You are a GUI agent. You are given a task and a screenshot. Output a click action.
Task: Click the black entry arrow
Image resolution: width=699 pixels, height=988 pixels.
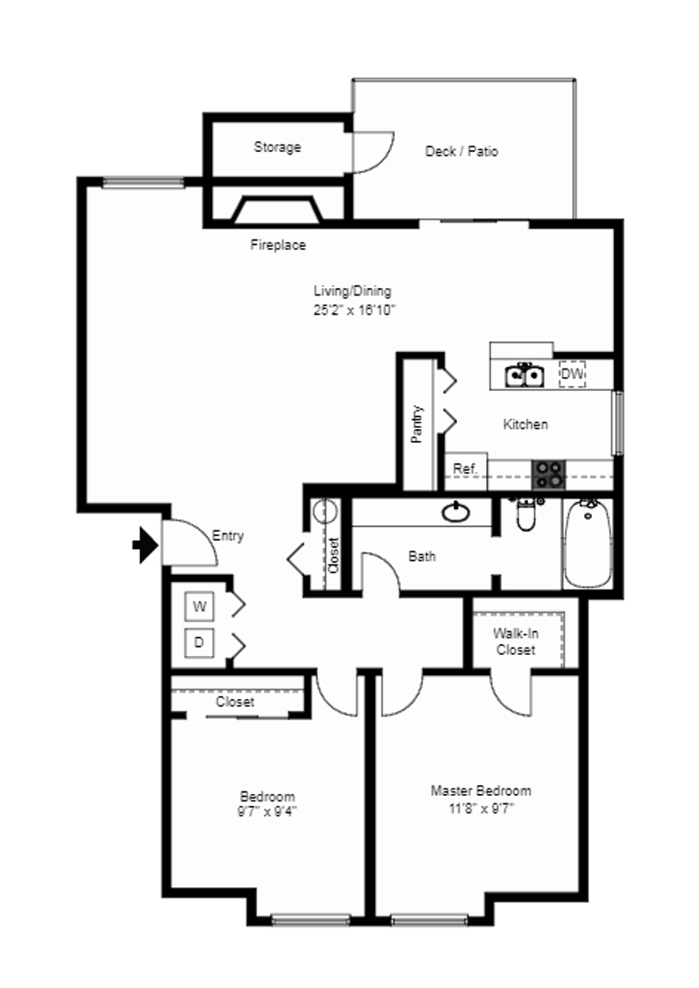pos(146,545)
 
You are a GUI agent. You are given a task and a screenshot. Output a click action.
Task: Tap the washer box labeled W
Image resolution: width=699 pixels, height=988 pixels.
pos(199,607)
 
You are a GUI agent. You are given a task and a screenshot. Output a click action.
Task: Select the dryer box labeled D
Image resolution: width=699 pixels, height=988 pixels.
pos(199,643)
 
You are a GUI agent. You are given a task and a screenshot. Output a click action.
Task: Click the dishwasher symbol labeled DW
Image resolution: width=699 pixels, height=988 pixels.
pos(573,373)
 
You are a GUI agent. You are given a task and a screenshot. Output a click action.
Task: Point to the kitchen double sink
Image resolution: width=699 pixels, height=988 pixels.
pos(524,375)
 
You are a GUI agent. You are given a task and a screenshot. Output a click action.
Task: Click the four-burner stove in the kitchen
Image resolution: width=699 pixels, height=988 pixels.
pos(548,475)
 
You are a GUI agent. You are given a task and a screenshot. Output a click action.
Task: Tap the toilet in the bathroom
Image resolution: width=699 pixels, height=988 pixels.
pos(526,513)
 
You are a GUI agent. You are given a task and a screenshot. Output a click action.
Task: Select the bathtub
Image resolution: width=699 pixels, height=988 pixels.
pos(588,543)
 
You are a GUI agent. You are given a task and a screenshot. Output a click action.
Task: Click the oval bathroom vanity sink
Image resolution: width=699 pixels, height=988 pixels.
pos(456,512)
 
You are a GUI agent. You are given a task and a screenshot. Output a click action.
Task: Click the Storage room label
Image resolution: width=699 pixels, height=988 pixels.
pos(278,146)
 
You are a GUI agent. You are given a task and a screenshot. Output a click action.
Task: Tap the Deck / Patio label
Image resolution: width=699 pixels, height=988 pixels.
pos(461,151)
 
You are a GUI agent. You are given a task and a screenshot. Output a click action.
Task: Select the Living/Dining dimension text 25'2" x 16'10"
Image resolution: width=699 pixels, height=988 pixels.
pos(355,310)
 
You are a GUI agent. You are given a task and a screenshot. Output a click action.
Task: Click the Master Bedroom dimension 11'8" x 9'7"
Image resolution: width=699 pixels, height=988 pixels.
pos(482,809)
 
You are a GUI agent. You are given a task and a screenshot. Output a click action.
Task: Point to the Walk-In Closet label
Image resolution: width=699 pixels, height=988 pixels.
pos(516,641)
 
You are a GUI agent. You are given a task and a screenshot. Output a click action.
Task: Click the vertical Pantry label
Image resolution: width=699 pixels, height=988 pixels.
pos(418,424)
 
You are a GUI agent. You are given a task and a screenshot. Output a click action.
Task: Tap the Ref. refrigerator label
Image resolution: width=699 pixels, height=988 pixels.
pos(466,468)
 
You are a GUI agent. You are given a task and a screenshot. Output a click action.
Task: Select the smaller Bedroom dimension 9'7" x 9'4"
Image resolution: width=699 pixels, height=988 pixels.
pos(268,811)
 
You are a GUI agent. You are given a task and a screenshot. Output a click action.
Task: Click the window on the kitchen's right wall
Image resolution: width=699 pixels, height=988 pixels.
pos(618,422)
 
